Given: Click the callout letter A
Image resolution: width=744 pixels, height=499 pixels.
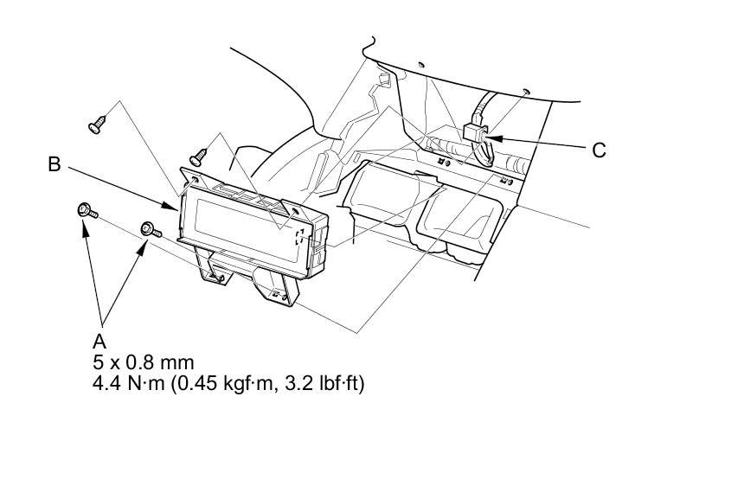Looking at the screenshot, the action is pos(99,341).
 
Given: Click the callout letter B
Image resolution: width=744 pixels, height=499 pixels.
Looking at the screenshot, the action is pos(55,163).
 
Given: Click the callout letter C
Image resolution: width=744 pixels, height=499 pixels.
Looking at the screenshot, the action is pos(599,150).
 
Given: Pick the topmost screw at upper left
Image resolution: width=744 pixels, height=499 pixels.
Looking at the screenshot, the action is pos(96,126).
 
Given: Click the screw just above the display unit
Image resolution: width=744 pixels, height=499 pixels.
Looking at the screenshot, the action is pos(198,156).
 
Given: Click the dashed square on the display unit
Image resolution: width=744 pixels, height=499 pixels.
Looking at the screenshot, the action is pos(298,237).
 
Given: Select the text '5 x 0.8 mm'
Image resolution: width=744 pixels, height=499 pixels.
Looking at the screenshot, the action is pos(143,361).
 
